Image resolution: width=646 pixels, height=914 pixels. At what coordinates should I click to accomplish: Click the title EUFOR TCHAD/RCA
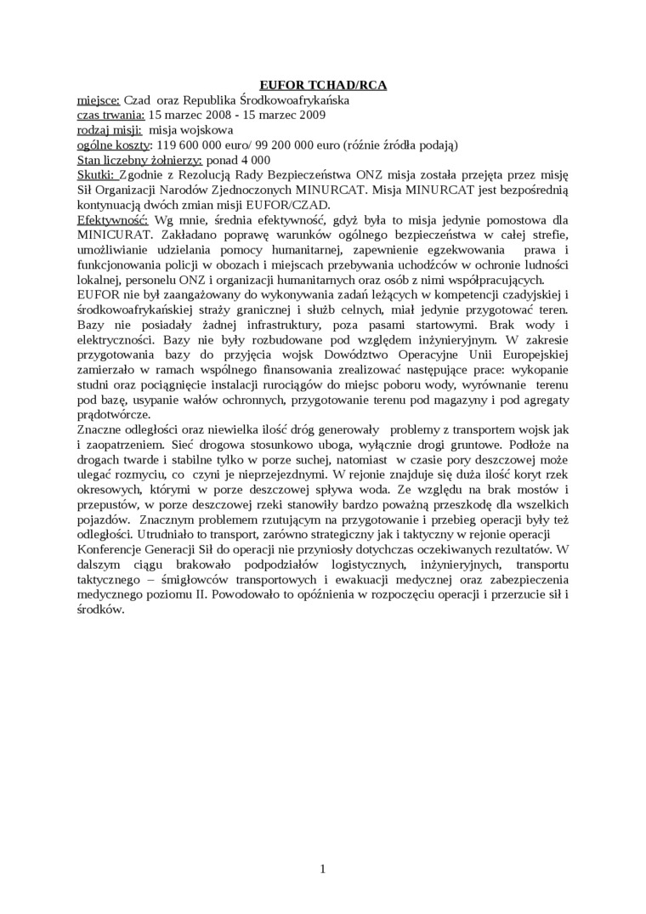322,85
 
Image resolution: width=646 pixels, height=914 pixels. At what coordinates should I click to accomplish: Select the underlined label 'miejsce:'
99,99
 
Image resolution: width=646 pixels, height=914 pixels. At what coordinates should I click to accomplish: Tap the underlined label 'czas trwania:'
111,114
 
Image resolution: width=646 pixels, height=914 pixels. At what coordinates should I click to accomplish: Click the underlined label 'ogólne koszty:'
115,145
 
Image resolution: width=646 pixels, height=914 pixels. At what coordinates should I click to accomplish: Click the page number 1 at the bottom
323,869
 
